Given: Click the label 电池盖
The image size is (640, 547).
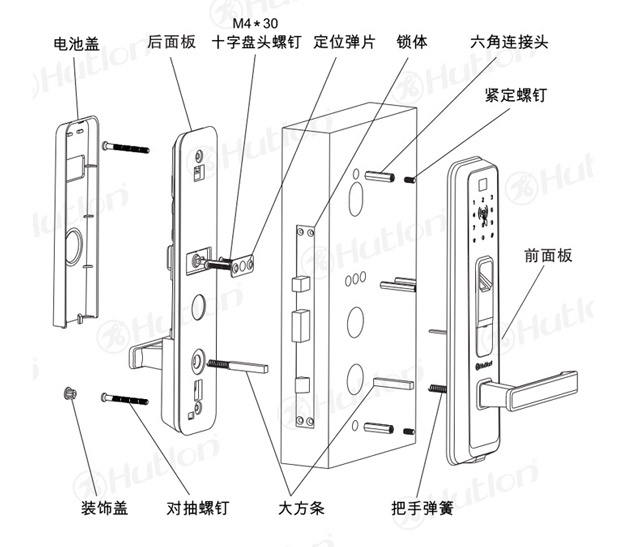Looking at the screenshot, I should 76,44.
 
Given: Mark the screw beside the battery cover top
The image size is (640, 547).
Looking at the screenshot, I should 125,147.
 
